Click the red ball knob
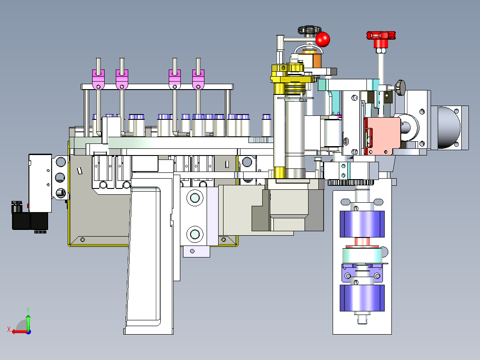(322, 39)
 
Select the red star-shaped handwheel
(381, 36)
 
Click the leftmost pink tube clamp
(98, 79)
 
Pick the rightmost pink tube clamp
(198, 79)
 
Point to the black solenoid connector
(30, 217)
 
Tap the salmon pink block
(384, 136)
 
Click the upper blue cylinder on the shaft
(362, 224)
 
